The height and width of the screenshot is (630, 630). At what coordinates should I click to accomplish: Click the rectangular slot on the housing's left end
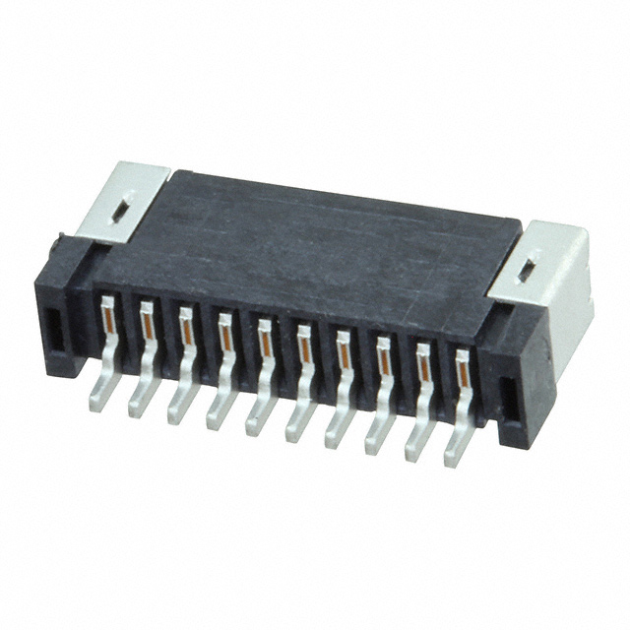pos(53,332)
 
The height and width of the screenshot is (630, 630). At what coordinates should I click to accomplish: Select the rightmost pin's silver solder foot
pos(454,452)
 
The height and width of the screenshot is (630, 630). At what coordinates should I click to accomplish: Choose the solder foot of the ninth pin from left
pos(414,445)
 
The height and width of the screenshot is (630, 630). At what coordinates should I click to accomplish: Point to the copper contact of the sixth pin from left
pos(303,346)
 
